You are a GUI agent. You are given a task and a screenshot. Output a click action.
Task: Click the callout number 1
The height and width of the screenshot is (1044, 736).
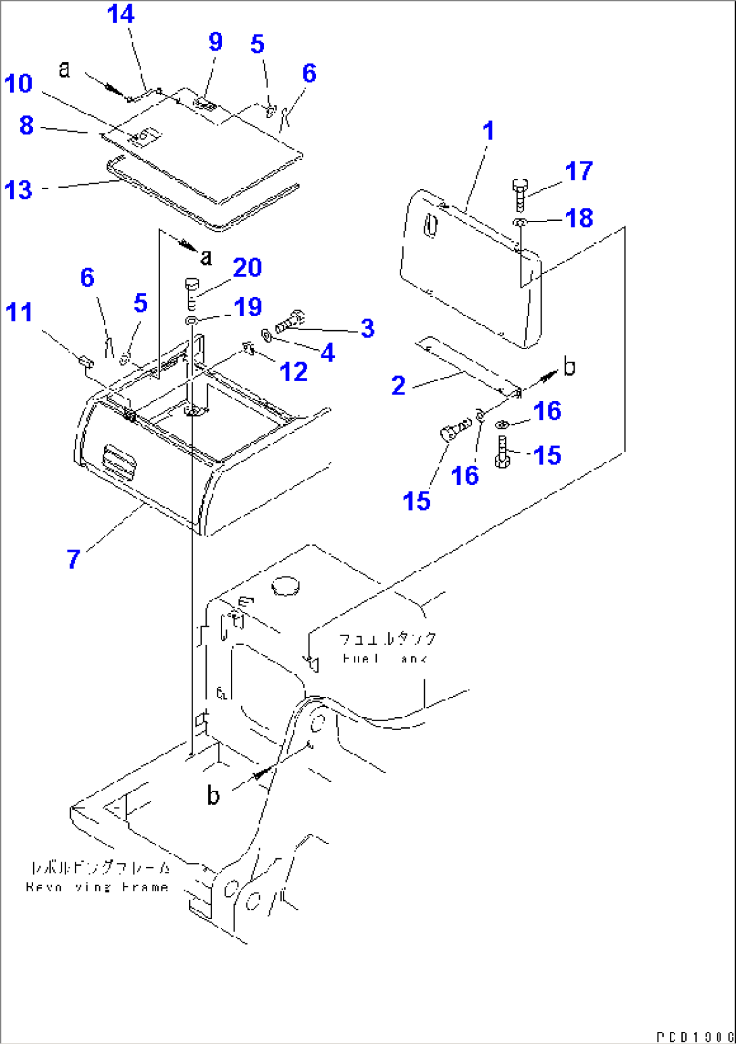(x=489, y=130)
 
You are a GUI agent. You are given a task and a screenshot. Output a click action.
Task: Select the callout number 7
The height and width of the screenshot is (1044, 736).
(x=74, y=558)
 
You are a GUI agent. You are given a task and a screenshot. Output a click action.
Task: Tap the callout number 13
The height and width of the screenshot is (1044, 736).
(x=18, y=190)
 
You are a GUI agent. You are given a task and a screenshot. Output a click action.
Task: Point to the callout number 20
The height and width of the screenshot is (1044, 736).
(x=247, y=268)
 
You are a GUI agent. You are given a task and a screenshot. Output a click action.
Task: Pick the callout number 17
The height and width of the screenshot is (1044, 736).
(x=579, y=171)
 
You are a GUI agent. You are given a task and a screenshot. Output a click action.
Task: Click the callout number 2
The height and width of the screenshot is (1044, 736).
(x=398, y=386)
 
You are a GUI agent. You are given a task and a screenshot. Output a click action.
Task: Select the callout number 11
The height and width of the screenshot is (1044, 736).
(x=19, y=313)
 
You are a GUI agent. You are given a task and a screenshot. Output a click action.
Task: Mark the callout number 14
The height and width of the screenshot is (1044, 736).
(x=121, y=14)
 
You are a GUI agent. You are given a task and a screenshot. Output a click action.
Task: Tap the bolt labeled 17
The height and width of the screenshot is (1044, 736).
(x=520, y=193)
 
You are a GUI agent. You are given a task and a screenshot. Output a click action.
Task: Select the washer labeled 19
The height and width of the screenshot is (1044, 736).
(x=192, y=319)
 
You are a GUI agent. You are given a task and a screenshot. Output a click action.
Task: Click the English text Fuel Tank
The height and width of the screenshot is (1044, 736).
(x=385, y=658)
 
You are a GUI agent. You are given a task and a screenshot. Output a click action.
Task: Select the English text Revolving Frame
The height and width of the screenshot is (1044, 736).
(x=97, y=887)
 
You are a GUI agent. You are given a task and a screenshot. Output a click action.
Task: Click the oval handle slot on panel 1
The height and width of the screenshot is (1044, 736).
(x=430, y=226)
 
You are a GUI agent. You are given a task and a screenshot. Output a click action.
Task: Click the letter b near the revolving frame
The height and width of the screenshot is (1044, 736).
(x=213, y=795)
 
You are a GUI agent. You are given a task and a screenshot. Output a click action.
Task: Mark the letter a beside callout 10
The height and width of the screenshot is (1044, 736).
(x=64, y=68)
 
